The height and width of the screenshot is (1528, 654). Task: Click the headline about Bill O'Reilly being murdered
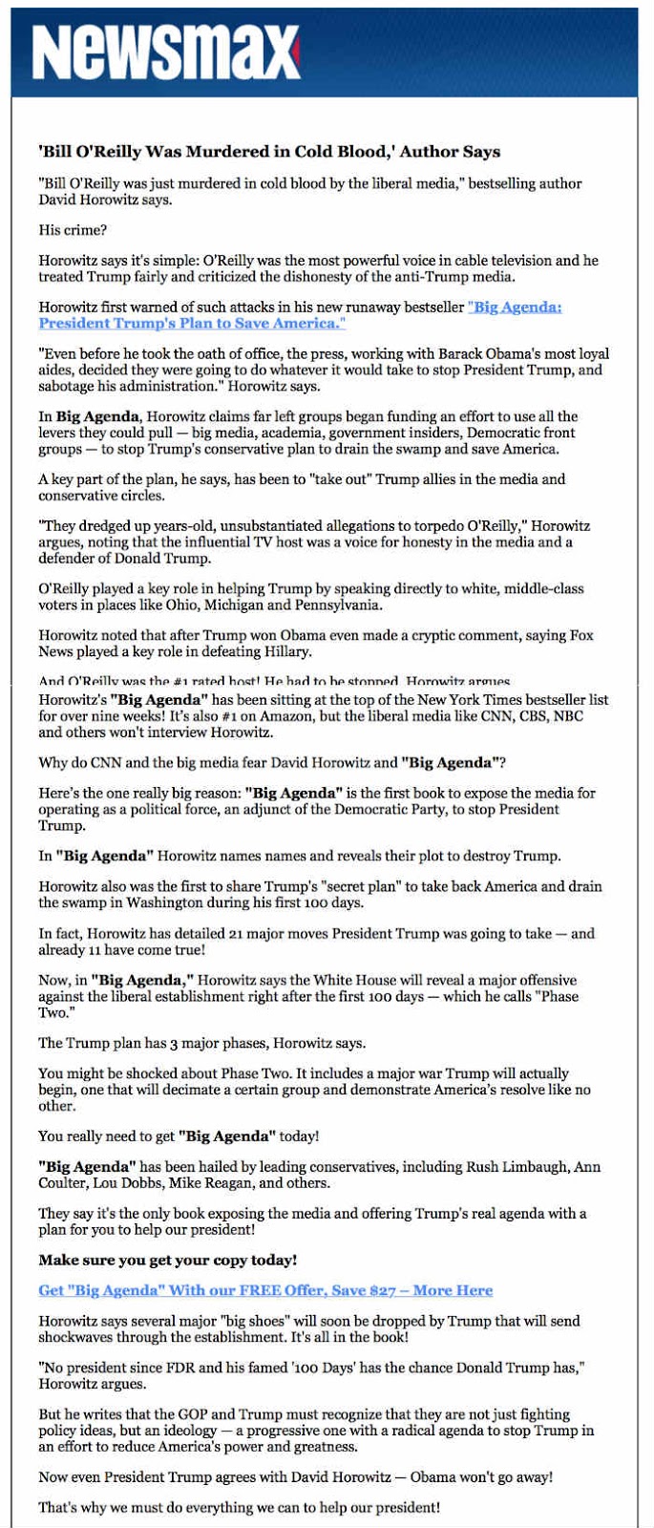pyautogui.click(x=269, y=152)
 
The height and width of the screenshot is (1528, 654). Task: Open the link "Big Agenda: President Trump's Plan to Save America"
pyautogui.click(x=300, y=315)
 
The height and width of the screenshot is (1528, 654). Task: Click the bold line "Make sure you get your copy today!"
pyautogui.click(x=167, y=1260)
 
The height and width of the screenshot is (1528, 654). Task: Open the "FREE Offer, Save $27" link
pyautogui.click(x=265, y=1290)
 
